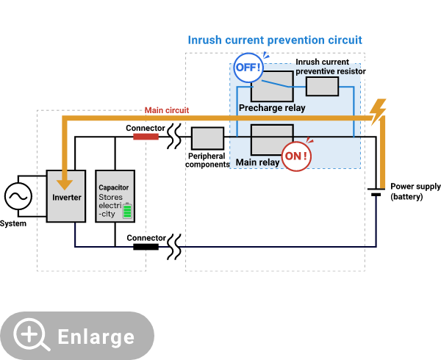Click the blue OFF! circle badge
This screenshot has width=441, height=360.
(248, 68)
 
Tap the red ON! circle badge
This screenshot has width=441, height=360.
(296, 156)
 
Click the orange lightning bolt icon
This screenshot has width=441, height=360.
(378, 112)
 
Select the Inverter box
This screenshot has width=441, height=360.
(66, 197)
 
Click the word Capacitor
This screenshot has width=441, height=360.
(114, 187)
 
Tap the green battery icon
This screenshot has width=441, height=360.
(127, 211)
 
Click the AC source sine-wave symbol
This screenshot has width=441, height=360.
(18, 196)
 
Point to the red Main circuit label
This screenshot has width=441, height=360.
(166, 110)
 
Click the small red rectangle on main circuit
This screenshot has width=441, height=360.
(146, 136)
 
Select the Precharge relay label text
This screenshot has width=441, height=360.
(271, 108)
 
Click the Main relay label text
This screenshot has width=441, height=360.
(257, 162)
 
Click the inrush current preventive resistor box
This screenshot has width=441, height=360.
(322, 87)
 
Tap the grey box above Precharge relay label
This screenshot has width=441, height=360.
(271, 87)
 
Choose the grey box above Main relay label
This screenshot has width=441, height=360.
(272, 139)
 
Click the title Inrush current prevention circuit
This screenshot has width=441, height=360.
(275, 40)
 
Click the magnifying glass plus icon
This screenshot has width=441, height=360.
(32, 335)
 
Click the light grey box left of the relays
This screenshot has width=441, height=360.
(207, 138)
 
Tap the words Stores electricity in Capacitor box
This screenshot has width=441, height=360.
(111, 206)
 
